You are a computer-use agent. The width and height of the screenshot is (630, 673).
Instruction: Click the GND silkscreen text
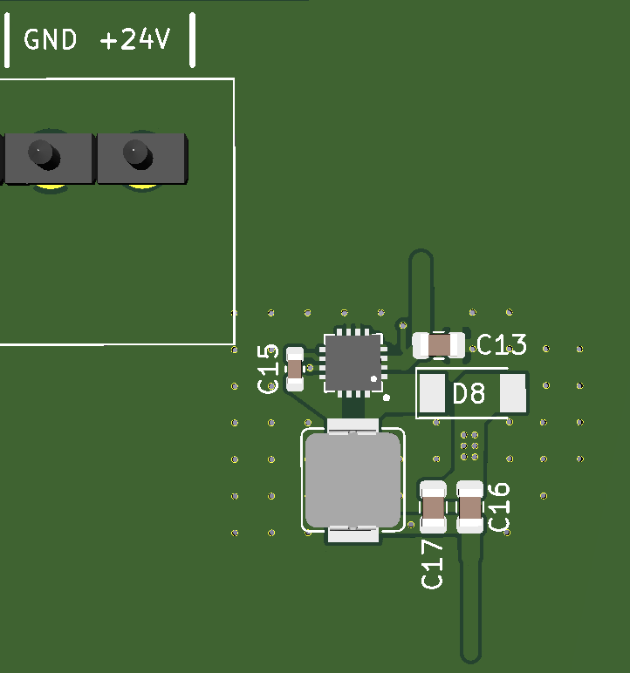[50, 40]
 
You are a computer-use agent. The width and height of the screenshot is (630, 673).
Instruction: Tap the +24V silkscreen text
[135, 40]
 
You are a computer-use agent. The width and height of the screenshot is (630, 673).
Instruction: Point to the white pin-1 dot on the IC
[374, 379]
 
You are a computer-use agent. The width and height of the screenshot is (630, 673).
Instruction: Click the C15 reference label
[270, 368]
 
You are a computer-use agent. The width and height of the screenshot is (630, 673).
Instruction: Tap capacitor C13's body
[440, 345]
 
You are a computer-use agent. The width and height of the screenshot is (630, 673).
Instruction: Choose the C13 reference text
[502, 346]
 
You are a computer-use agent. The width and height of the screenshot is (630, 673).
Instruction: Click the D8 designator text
[469, 394]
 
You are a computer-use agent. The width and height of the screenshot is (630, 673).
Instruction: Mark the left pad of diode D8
[432, 394]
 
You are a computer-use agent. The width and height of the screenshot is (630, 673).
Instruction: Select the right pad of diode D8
[513, 394]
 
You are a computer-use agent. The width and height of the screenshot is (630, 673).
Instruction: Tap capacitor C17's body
[434, 506]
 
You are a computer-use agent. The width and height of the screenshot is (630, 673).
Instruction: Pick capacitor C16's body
[470, 506]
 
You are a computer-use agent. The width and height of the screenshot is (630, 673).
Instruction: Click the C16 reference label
[499, 506]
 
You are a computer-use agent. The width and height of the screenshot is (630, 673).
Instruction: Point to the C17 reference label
[433, 563]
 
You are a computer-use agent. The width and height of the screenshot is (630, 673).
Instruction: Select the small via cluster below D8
[469, 445]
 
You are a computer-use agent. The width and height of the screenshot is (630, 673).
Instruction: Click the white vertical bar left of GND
[8, 41]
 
